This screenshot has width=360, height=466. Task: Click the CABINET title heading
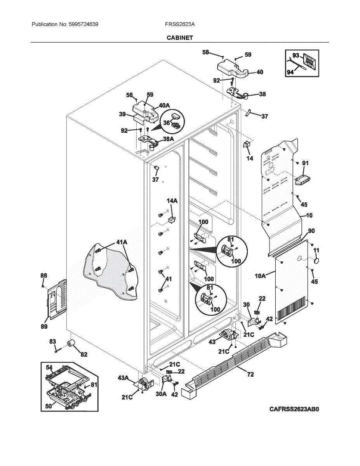click(x=180, y=38)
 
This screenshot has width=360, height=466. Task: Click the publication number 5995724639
click(x=83, y=24)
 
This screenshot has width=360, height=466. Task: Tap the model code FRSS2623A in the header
click(x=180, y=24)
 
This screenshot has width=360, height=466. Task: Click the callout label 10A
click(x=260, y=276)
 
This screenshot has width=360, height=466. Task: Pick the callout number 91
click(x=306, y=163)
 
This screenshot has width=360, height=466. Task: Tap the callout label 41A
click(x=122, y=242)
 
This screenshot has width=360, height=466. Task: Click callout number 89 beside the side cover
click(x=44, y=326)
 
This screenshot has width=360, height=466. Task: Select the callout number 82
click(x=84, y=354)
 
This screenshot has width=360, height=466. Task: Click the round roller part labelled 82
click(x=71, y=344)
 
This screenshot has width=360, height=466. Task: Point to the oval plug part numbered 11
click(x=316, y=261)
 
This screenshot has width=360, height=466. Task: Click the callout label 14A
click(x=172, y=201)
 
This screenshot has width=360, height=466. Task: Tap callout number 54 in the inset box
click(x=49, y=367)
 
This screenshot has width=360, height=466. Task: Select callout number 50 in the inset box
click(x=49, y=406)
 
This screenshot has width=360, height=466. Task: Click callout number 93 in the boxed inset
click(x=296, y=56)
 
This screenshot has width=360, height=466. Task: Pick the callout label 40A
click(x=164, y=105)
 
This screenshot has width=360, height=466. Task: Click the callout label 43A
click(x=123, y=377)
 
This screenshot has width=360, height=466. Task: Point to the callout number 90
click(x=311, y=231)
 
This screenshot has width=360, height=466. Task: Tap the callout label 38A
click(x=168, y=139)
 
